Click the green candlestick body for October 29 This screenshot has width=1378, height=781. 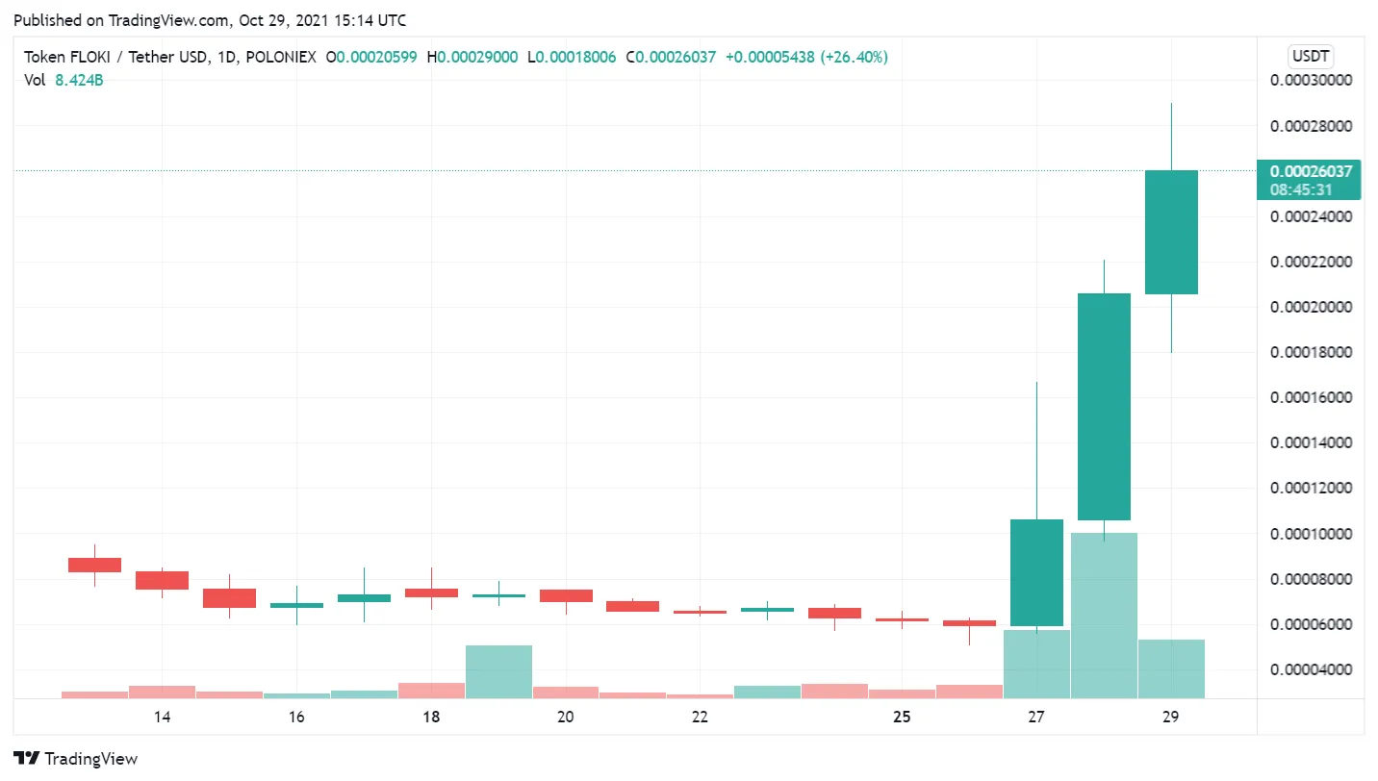click(x=1171, y=232)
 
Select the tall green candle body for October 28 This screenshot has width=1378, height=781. click(x=1104, y=406)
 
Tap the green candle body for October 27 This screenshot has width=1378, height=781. click(x=1036, y=572)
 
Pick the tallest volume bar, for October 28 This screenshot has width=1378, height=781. click(x=1104, y=616)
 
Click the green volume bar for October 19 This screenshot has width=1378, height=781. click(x=498, y=671)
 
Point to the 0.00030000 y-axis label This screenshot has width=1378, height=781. click(x=1312, y=81)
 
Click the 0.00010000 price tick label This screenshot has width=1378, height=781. click(x=1312, y=534)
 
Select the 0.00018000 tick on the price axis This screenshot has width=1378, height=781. click(x=1312, y=352)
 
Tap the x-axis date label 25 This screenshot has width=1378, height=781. click(x=902, y=717)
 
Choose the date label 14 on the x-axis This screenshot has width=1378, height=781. click(x=162, y=717)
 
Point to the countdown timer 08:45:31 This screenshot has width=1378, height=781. click(x=1302, y=189)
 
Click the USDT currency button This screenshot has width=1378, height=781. click(x=1311, y=57)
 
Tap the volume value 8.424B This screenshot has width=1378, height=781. click(x=79, y=80)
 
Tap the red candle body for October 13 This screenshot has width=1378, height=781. click(x=94, y=565)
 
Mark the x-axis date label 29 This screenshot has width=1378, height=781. click(x=1170, y=717)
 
